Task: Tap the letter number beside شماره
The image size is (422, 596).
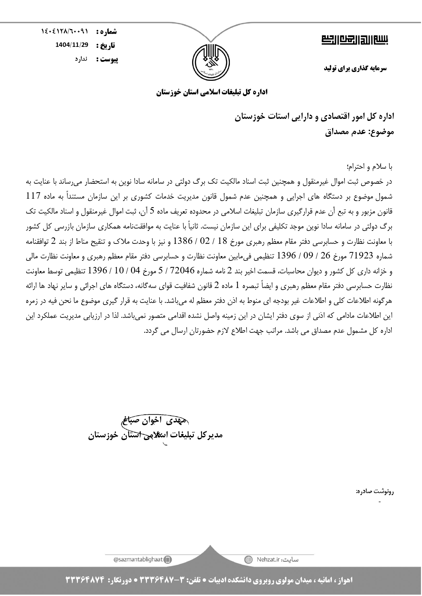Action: point(65,32)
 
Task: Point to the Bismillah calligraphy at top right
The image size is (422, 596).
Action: point(354,39)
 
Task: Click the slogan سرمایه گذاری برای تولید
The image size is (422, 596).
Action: point(355,68)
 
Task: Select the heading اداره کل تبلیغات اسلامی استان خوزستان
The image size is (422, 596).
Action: point(212,92)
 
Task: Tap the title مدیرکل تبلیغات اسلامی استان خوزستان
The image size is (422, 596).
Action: point(155,435)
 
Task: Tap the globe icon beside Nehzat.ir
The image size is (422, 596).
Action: point(249,560)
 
